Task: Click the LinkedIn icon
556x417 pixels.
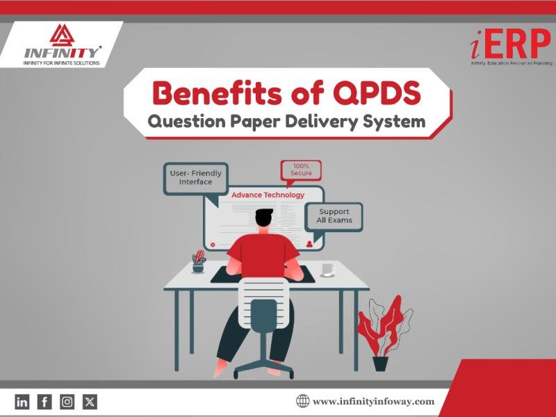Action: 22,401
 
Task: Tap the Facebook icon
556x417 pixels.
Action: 44,401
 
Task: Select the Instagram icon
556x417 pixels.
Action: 67,401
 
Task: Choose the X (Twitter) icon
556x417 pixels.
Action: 90,401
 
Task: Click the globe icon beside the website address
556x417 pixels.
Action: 302,401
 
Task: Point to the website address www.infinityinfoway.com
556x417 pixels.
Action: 373,401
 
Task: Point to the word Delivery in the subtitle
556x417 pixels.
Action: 324,122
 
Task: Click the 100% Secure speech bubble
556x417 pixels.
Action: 301,169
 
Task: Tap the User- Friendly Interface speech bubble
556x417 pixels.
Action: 195,178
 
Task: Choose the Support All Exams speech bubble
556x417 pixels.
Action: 335,215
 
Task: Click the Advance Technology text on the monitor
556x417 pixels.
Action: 268,195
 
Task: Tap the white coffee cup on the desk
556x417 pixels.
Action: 327,269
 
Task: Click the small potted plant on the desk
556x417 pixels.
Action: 199,261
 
